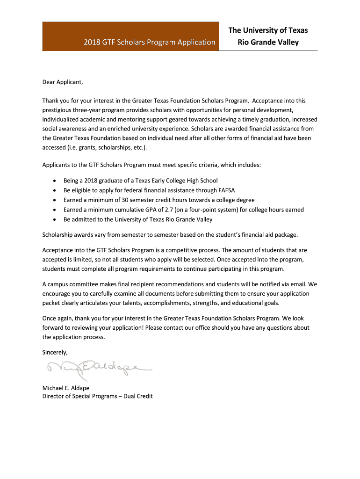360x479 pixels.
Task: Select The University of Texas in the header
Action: coord(268,30)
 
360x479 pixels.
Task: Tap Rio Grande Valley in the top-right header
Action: coord(268,43)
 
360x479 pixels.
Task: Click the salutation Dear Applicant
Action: coord(63,82)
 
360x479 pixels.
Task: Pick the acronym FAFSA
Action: coord(227,190)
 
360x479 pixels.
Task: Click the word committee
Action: coord(89,284)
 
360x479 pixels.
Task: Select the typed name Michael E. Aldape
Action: coord(66,388)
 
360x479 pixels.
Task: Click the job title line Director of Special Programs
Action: coord(97,396)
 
